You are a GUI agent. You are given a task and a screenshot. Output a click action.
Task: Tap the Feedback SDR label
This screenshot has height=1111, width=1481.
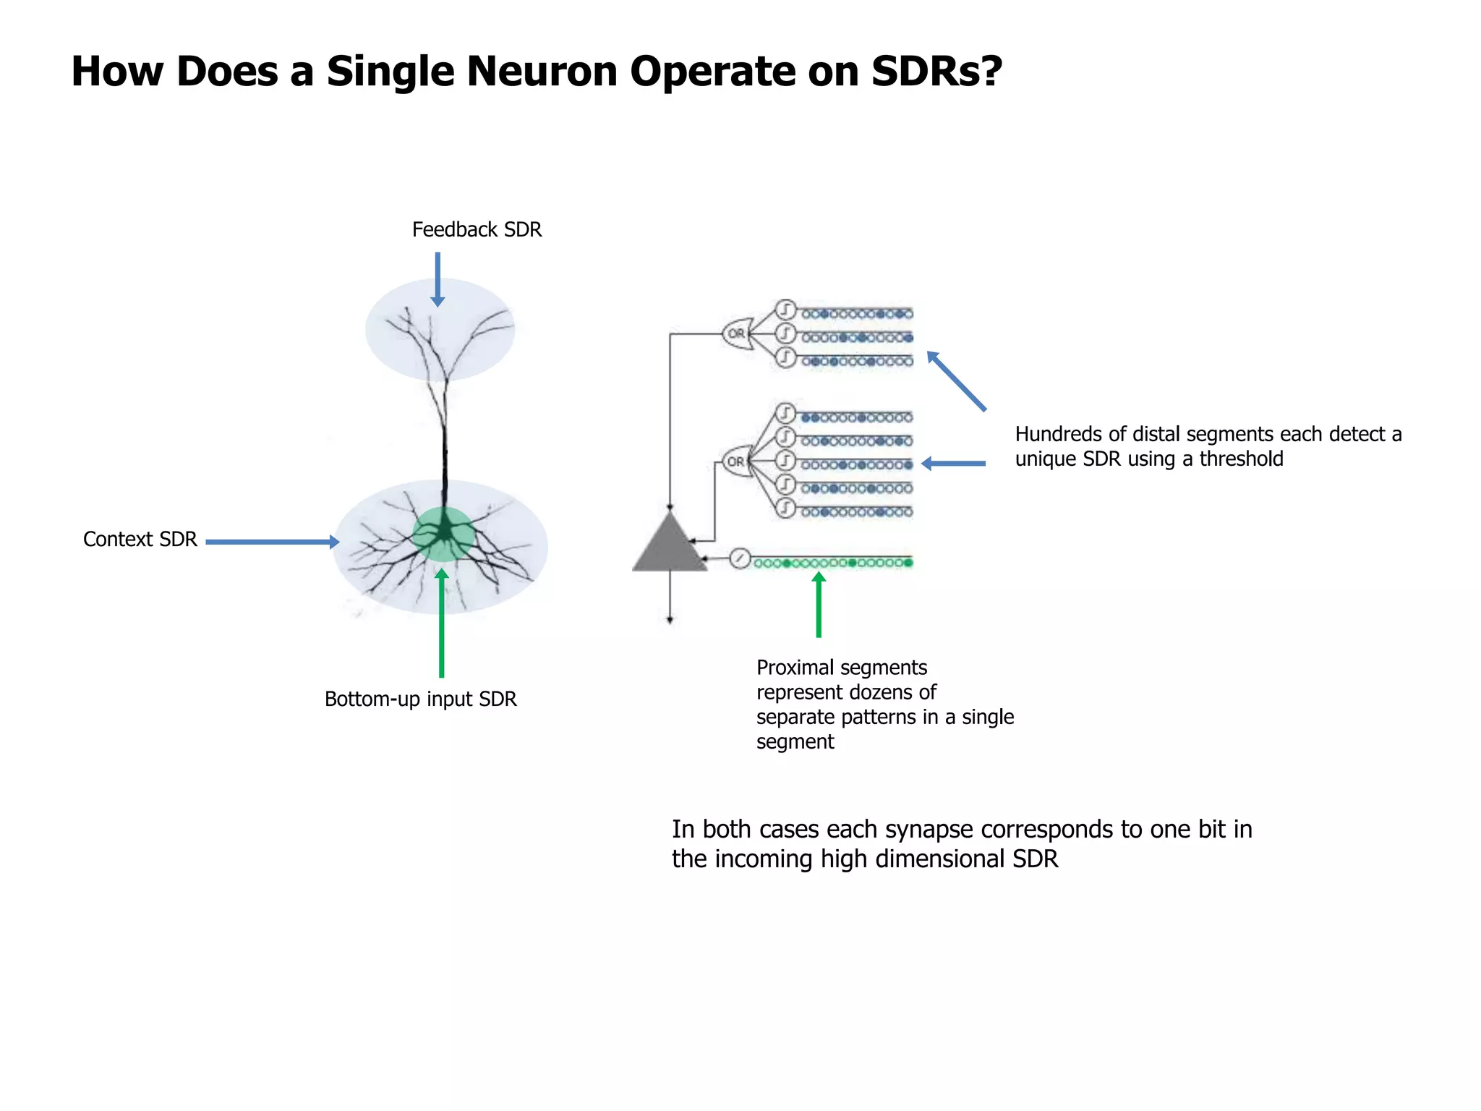(477, 230)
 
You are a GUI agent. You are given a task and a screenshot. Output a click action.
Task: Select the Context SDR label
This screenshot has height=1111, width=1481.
(140, 540)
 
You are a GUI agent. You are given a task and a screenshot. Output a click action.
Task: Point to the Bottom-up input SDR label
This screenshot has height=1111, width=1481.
(420, 699)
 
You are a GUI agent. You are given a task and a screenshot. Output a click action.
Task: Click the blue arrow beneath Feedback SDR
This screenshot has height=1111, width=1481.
(438, 279)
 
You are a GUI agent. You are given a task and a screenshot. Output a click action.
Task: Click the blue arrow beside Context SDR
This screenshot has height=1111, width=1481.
(272, 542)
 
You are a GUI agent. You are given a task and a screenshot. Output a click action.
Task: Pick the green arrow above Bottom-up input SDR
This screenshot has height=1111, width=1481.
(441, 623)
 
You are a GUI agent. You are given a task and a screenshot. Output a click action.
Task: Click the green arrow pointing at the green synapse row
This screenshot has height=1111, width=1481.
(819, 605)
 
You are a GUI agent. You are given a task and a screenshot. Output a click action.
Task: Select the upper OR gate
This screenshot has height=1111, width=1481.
(737, 333)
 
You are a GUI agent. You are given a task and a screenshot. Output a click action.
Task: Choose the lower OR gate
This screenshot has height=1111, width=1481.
(737, 461)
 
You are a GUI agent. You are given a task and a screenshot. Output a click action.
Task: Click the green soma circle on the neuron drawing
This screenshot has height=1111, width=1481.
(443, 535)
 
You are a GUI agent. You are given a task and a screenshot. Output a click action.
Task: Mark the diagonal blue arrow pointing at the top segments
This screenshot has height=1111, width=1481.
(956, 380)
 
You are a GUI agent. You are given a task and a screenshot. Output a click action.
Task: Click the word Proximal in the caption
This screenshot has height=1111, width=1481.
(794, 668)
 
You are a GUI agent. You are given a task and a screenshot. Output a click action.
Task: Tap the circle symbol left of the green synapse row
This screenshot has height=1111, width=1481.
(739, 558)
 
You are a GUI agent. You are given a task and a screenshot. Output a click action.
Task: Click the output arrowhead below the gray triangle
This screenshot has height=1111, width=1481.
(670, 619)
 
